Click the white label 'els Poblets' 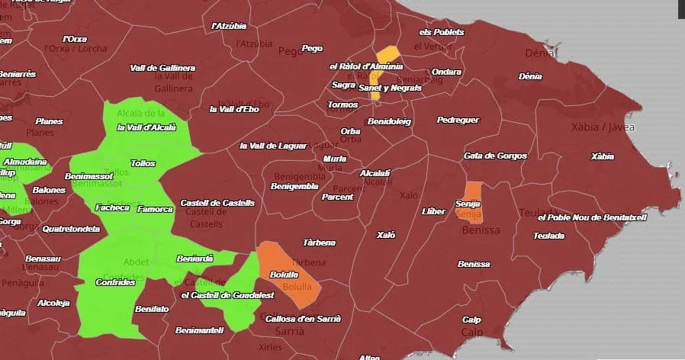[x=442, y=32]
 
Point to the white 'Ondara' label [x=447, y=72]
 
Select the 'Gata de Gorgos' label [x=495, y=156]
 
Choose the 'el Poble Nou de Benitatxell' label [x=592, y=217]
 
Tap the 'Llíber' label [x=433, y=211]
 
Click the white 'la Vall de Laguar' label [x=273, y=146]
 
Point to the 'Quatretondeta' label [x=71, y=228]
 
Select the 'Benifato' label [x=152, y=310]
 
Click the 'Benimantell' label [x=199, y=330]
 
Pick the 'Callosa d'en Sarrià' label [x=303, y=318]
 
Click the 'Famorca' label [x=155, y=209]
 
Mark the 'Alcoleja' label [x=53, y=303]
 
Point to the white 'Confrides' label [x=115, y=282]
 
